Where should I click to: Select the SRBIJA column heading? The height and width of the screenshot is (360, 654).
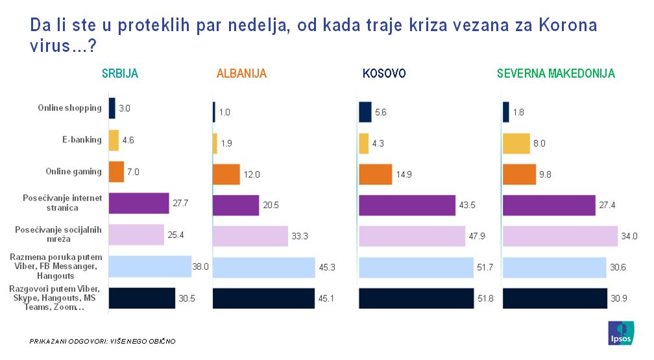[x=120, y=73]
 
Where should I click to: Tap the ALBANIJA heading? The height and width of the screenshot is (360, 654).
[x=241, y=74]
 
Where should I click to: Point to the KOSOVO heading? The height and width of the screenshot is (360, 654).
[x=383, y=74]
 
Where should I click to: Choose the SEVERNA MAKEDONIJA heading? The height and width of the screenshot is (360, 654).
[x=555, y=74]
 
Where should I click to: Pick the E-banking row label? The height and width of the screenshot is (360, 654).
[x=82, y=139]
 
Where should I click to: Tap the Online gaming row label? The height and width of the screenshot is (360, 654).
[x=74, y=171]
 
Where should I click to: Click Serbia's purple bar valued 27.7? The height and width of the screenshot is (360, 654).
[x=138, y=204]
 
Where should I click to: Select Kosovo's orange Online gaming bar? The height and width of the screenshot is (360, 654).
[x=376, y=174]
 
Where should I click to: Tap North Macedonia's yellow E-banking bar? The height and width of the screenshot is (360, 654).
[x=516, y=143]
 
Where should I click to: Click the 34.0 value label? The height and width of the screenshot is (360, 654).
[x=627, y=235]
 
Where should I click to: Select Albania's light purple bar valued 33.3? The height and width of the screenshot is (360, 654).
[x=250, y=236]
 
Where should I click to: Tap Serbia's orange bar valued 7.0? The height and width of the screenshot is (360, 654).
[x=116, y=172]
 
